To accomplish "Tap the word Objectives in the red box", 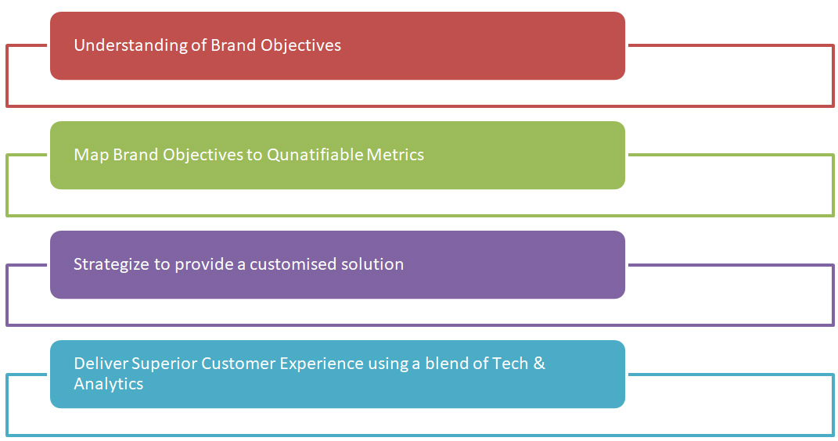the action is click(300, 45).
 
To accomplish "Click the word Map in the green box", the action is click(91, 154).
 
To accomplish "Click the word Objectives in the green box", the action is click(203, 155).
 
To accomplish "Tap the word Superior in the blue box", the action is click(164, 364).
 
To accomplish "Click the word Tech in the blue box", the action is click(510, 363).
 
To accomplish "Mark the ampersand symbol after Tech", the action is click(539, 363).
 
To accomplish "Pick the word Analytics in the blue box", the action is click(109, 384).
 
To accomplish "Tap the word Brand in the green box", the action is click(135, 154).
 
